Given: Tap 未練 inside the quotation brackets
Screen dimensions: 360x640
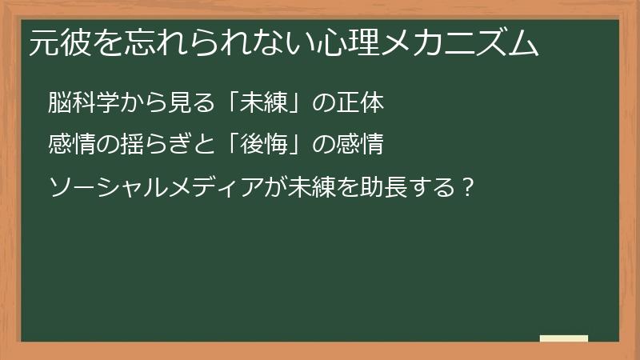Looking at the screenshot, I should pos(263,103).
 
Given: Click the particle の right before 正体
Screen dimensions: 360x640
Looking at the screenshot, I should pos(324,103).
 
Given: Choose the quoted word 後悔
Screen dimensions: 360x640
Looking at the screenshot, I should pos(263,146).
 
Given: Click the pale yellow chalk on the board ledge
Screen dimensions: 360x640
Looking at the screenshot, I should pos(564,339).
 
